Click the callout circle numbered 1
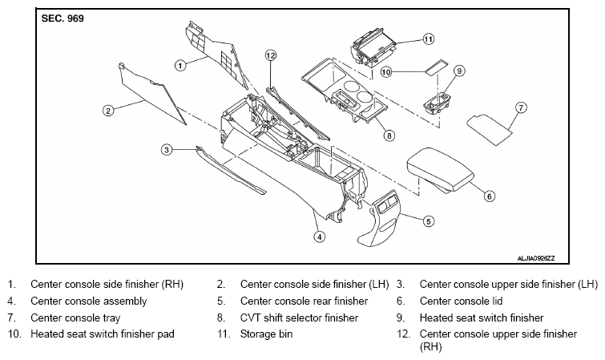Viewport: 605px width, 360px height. [180, 65]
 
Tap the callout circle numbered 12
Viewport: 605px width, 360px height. [271, 55]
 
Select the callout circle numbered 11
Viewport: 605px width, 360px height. [428, 39]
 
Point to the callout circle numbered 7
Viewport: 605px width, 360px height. [521, 107]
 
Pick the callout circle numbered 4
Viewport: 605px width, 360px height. [319, 237]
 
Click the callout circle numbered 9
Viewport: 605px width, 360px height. [459, 71]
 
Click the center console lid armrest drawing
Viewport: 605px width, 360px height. [440, 170]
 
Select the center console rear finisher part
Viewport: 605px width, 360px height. [379, 218]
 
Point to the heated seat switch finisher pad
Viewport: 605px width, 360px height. [437, 67]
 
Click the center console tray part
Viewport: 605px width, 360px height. [490, 129]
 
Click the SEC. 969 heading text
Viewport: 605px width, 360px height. [63, 18]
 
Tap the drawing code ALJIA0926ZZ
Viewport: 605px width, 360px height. [536, 258]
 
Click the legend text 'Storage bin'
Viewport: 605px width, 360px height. [266, 334]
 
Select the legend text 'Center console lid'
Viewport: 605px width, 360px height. [461, 301]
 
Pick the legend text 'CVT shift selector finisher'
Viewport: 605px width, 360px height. [299, 318]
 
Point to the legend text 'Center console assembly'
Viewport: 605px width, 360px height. [89, 301]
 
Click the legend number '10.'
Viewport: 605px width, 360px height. [14, 334]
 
